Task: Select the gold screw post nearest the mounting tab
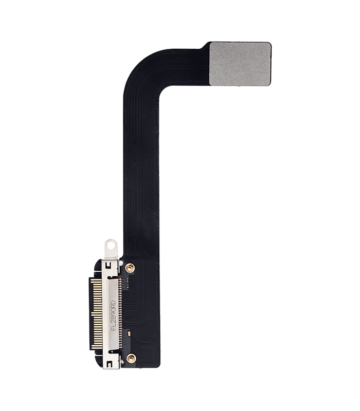coord(130,268)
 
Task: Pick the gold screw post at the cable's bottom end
coord(131,358)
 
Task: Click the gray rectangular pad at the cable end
coord(240,63)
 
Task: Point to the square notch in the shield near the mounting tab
coord(108,266)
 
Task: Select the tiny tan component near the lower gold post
coord(129,333)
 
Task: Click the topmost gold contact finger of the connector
coord(98,279)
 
